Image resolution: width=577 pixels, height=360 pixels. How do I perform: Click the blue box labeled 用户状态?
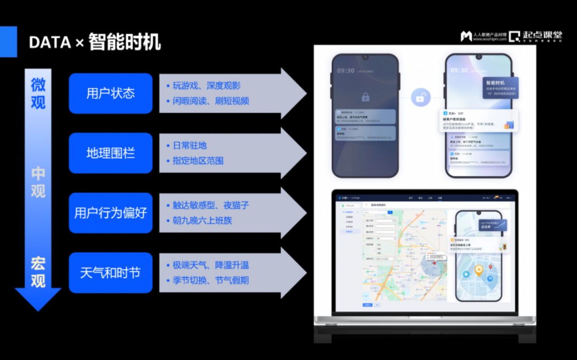coord(111,93)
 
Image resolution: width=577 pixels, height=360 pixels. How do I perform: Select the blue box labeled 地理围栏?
coord(111,153)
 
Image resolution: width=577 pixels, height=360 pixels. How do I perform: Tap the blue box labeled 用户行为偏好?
coord(111,213)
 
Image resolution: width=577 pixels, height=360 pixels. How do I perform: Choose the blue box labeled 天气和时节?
coord(111,273)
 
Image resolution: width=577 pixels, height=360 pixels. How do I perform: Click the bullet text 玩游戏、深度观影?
coord(206,86)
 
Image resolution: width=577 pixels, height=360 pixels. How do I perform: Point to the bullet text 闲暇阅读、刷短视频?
coord(210,101)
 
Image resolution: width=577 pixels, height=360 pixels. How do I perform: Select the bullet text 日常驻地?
coord(190,145)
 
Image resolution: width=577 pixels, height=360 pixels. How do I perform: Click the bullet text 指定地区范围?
coord(198,161)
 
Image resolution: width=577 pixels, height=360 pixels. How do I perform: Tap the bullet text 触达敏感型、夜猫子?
coord(210,205)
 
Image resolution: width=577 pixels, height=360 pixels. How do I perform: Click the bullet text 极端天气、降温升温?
coord(210,265)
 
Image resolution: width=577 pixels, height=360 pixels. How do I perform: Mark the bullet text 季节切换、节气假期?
coord(210,280)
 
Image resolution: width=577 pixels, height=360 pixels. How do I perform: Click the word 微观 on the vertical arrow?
coord(38,93)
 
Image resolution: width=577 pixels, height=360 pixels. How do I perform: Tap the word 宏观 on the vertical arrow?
coord(38,272)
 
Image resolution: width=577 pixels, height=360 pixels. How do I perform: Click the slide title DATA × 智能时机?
coord(95,42)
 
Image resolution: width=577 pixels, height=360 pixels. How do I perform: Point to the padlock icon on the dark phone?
coord(365,97)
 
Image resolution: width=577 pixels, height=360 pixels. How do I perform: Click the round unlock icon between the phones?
coord(422,97)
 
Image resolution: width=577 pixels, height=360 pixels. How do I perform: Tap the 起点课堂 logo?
coord(535,36)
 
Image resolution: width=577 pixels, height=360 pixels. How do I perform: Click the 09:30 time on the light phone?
coord(459,70)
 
